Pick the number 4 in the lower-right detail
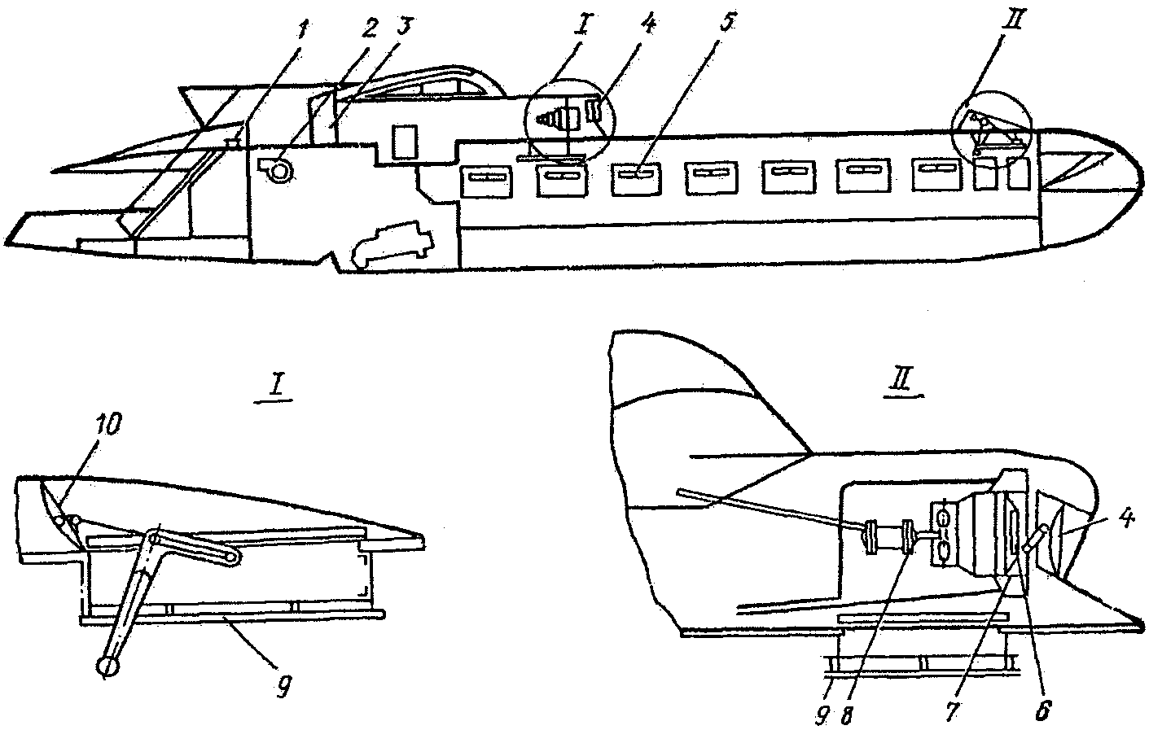point(1125,521)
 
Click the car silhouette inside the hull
point(392,244)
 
